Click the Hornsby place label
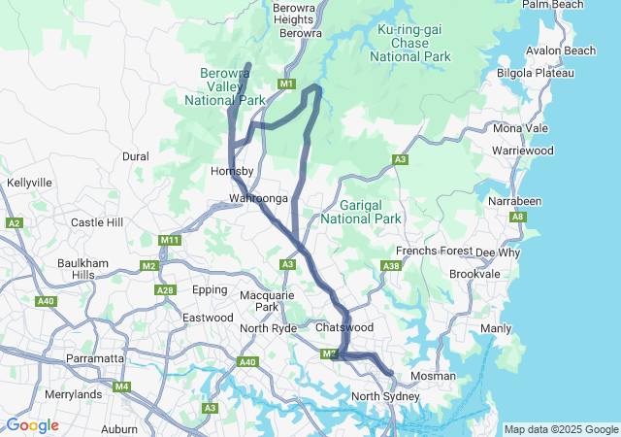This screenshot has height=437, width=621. click(x=232, y=172)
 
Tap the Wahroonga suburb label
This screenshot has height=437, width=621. click(x=258, y=198)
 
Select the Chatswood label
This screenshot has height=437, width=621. click(x=344, y=328)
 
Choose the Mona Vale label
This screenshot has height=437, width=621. click(x=520, y=128)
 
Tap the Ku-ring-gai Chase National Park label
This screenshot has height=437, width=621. click(x=410, y=44)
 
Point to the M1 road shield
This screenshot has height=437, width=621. click(x=286, y=84)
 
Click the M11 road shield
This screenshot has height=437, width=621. click(x=171, y=240)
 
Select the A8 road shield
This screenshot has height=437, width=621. click(x=518, y=218)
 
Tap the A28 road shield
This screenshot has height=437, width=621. click(x=165, y=289)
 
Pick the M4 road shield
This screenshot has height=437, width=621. click(x=121, y=387)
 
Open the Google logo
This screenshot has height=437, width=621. click(x=32, y=425)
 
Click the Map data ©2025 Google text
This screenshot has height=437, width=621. click(x=560, y=429)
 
